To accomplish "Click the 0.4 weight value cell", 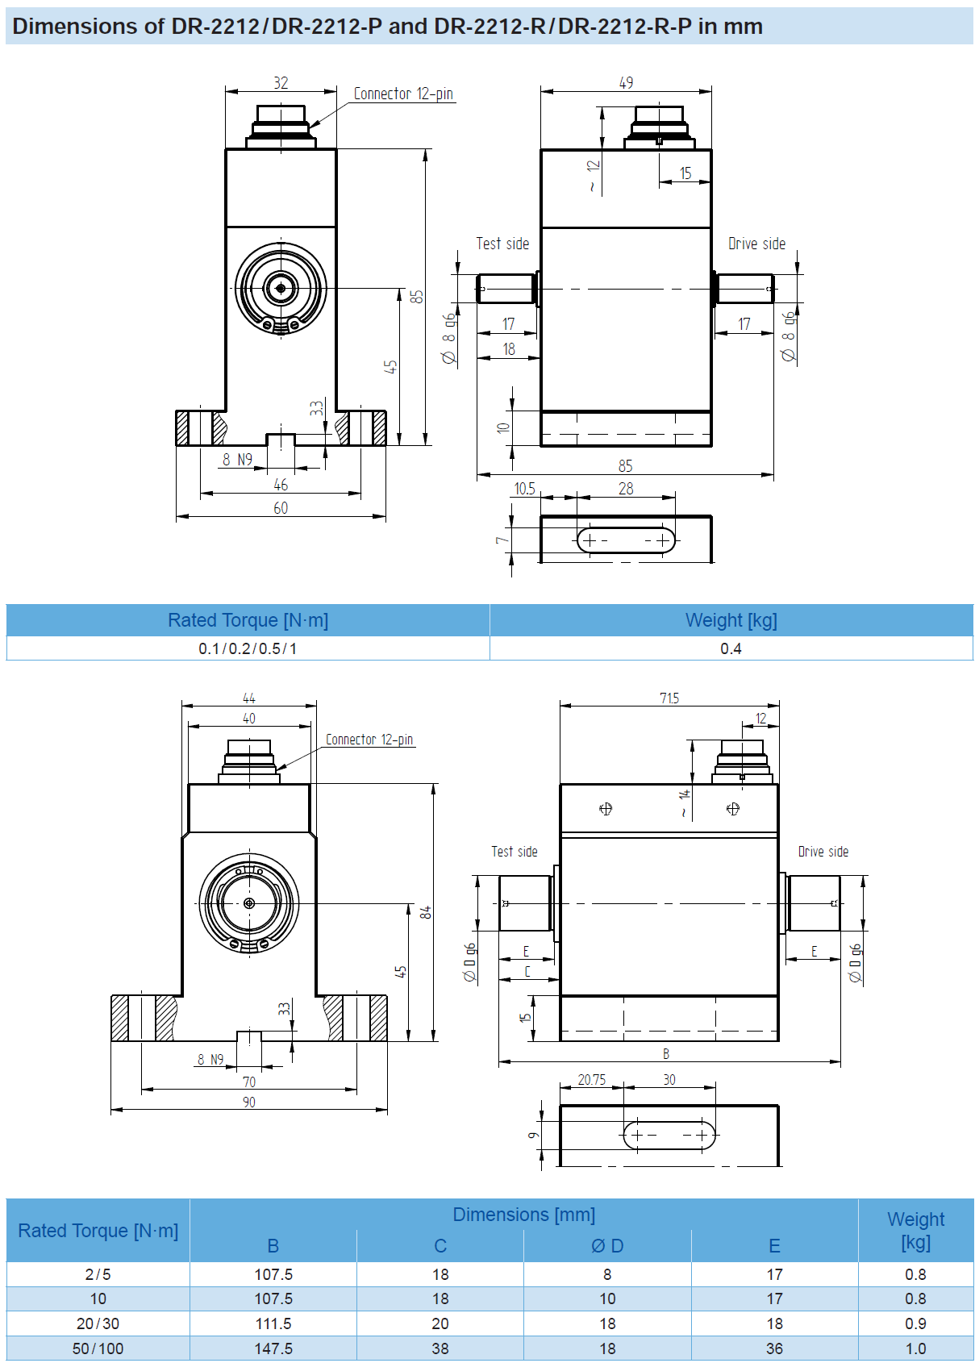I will coord(731,648).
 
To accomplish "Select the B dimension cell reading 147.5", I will coord(273,1348).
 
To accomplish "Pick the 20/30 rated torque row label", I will coord(98,1323).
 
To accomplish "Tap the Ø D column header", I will coord(607,1246).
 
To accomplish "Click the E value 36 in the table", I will coord(774,1348).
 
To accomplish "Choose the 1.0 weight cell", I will coord(915,1348).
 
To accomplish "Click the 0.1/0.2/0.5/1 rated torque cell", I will coord(248,648).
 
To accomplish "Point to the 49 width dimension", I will coord(626,83).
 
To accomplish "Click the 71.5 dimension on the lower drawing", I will coord(669,698).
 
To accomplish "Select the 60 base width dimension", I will coord(281,508).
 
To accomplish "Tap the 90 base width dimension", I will coord(249,1102).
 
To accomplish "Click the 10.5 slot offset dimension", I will coord(524,489).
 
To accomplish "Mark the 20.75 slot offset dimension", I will coord(591,1079).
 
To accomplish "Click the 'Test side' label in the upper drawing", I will coord(502,244).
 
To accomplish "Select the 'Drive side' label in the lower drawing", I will coord(823,852).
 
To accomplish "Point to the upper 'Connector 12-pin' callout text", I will coord(403,94).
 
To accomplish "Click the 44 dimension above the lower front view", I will coord(249,698).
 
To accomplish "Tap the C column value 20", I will coord(440,1323).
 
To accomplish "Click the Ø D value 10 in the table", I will coord(607,1298).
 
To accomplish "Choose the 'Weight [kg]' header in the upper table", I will coord(731,620).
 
